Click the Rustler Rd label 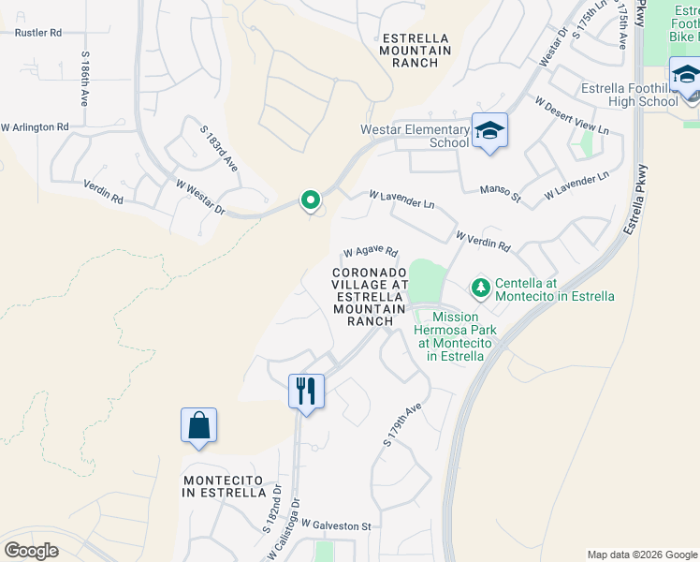(x=38, y=32)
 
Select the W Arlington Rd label (x=35, y=126)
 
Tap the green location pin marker (x=310, y=200)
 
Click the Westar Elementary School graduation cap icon (x=489, y=131)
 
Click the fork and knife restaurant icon (x=306, y=390)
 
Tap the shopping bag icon (x=199, y=425)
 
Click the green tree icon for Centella (x=481, y=288)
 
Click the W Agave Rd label (x=370, y=252)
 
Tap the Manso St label (x=500, y=192)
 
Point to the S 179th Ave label (x=404, y=424)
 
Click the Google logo (x=31, y=551)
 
